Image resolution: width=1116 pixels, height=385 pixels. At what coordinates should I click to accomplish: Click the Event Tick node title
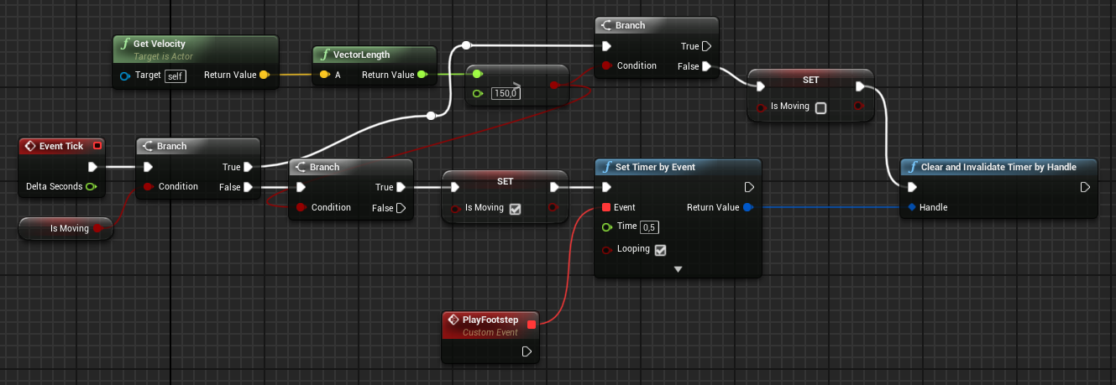point(61,146)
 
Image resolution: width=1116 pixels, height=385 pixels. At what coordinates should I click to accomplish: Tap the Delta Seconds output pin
point(91,186)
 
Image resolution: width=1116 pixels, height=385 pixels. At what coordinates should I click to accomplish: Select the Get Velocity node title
point(159,44)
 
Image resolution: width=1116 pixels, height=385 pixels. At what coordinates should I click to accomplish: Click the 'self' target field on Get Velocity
point(175,75)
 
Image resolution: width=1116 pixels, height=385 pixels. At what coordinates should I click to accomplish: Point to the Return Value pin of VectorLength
point(422,75)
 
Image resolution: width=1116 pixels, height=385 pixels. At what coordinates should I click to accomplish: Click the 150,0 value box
point(506,93)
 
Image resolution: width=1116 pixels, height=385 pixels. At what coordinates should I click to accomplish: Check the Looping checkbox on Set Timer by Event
point(660,250)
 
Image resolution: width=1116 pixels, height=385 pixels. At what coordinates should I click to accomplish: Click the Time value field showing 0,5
point(650,226)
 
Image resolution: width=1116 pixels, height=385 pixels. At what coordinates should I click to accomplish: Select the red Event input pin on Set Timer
point(606,207)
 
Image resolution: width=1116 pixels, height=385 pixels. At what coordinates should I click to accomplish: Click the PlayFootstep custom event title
point(490,320)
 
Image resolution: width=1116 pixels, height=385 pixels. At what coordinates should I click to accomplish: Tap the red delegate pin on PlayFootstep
point(531,324)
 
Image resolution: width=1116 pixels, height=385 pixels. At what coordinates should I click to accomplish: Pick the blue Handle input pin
point(911,207)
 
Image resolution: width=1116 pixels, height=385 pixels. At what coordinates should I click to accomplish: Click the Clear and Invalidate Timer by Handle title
point(998,167)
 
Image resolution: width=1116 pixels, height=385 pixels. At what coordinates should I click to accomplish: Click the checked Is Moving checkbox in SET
point(516,209)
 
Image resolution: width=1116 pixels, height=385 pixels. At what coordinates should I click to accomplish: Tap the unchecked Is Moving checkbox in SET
point(821,107)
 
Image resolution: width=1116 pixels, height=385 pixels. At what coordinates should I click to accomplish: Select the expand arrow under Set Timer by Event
point(678,269)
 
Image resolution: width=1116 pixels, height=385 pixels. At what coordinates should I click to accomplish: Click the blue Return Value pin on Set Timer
point(748,207)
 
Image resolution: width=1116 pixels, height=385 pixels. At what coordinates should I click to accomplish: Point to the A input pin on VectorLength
point(323,75)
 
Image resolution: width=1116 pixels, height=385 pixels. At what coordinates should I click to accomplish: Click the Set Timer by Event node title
point(655,167)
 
